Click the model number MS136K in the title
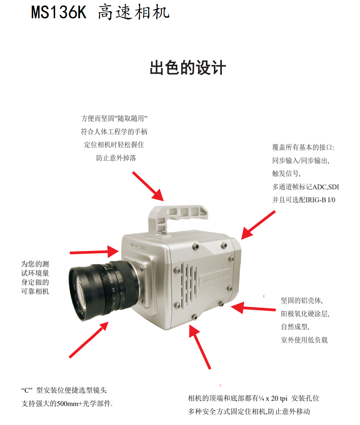click(x=59, y=12)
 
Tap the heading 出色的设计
click(x=188, y=68)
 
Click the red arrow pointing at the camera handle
click(x=148, y=186)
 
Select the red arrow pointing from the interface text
click(x=258, y=225)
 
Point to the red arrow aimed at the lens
click(x=89, y=340)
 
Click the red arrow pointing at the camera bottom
click(x=200, y=347)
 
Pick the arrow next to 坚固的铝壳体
click(x=253, y=308)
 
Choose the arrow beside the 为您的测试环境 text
click(x=94, y=252)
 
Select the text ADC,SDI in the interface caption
click(x=326, y=187)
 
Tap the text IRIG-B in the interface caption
click(x=316, y=200)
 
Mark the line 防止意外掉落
click(x=116, y=158)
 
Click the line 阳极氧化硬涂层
click(x=305, y=314)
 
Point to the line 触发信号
click(x=287, y=173)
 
